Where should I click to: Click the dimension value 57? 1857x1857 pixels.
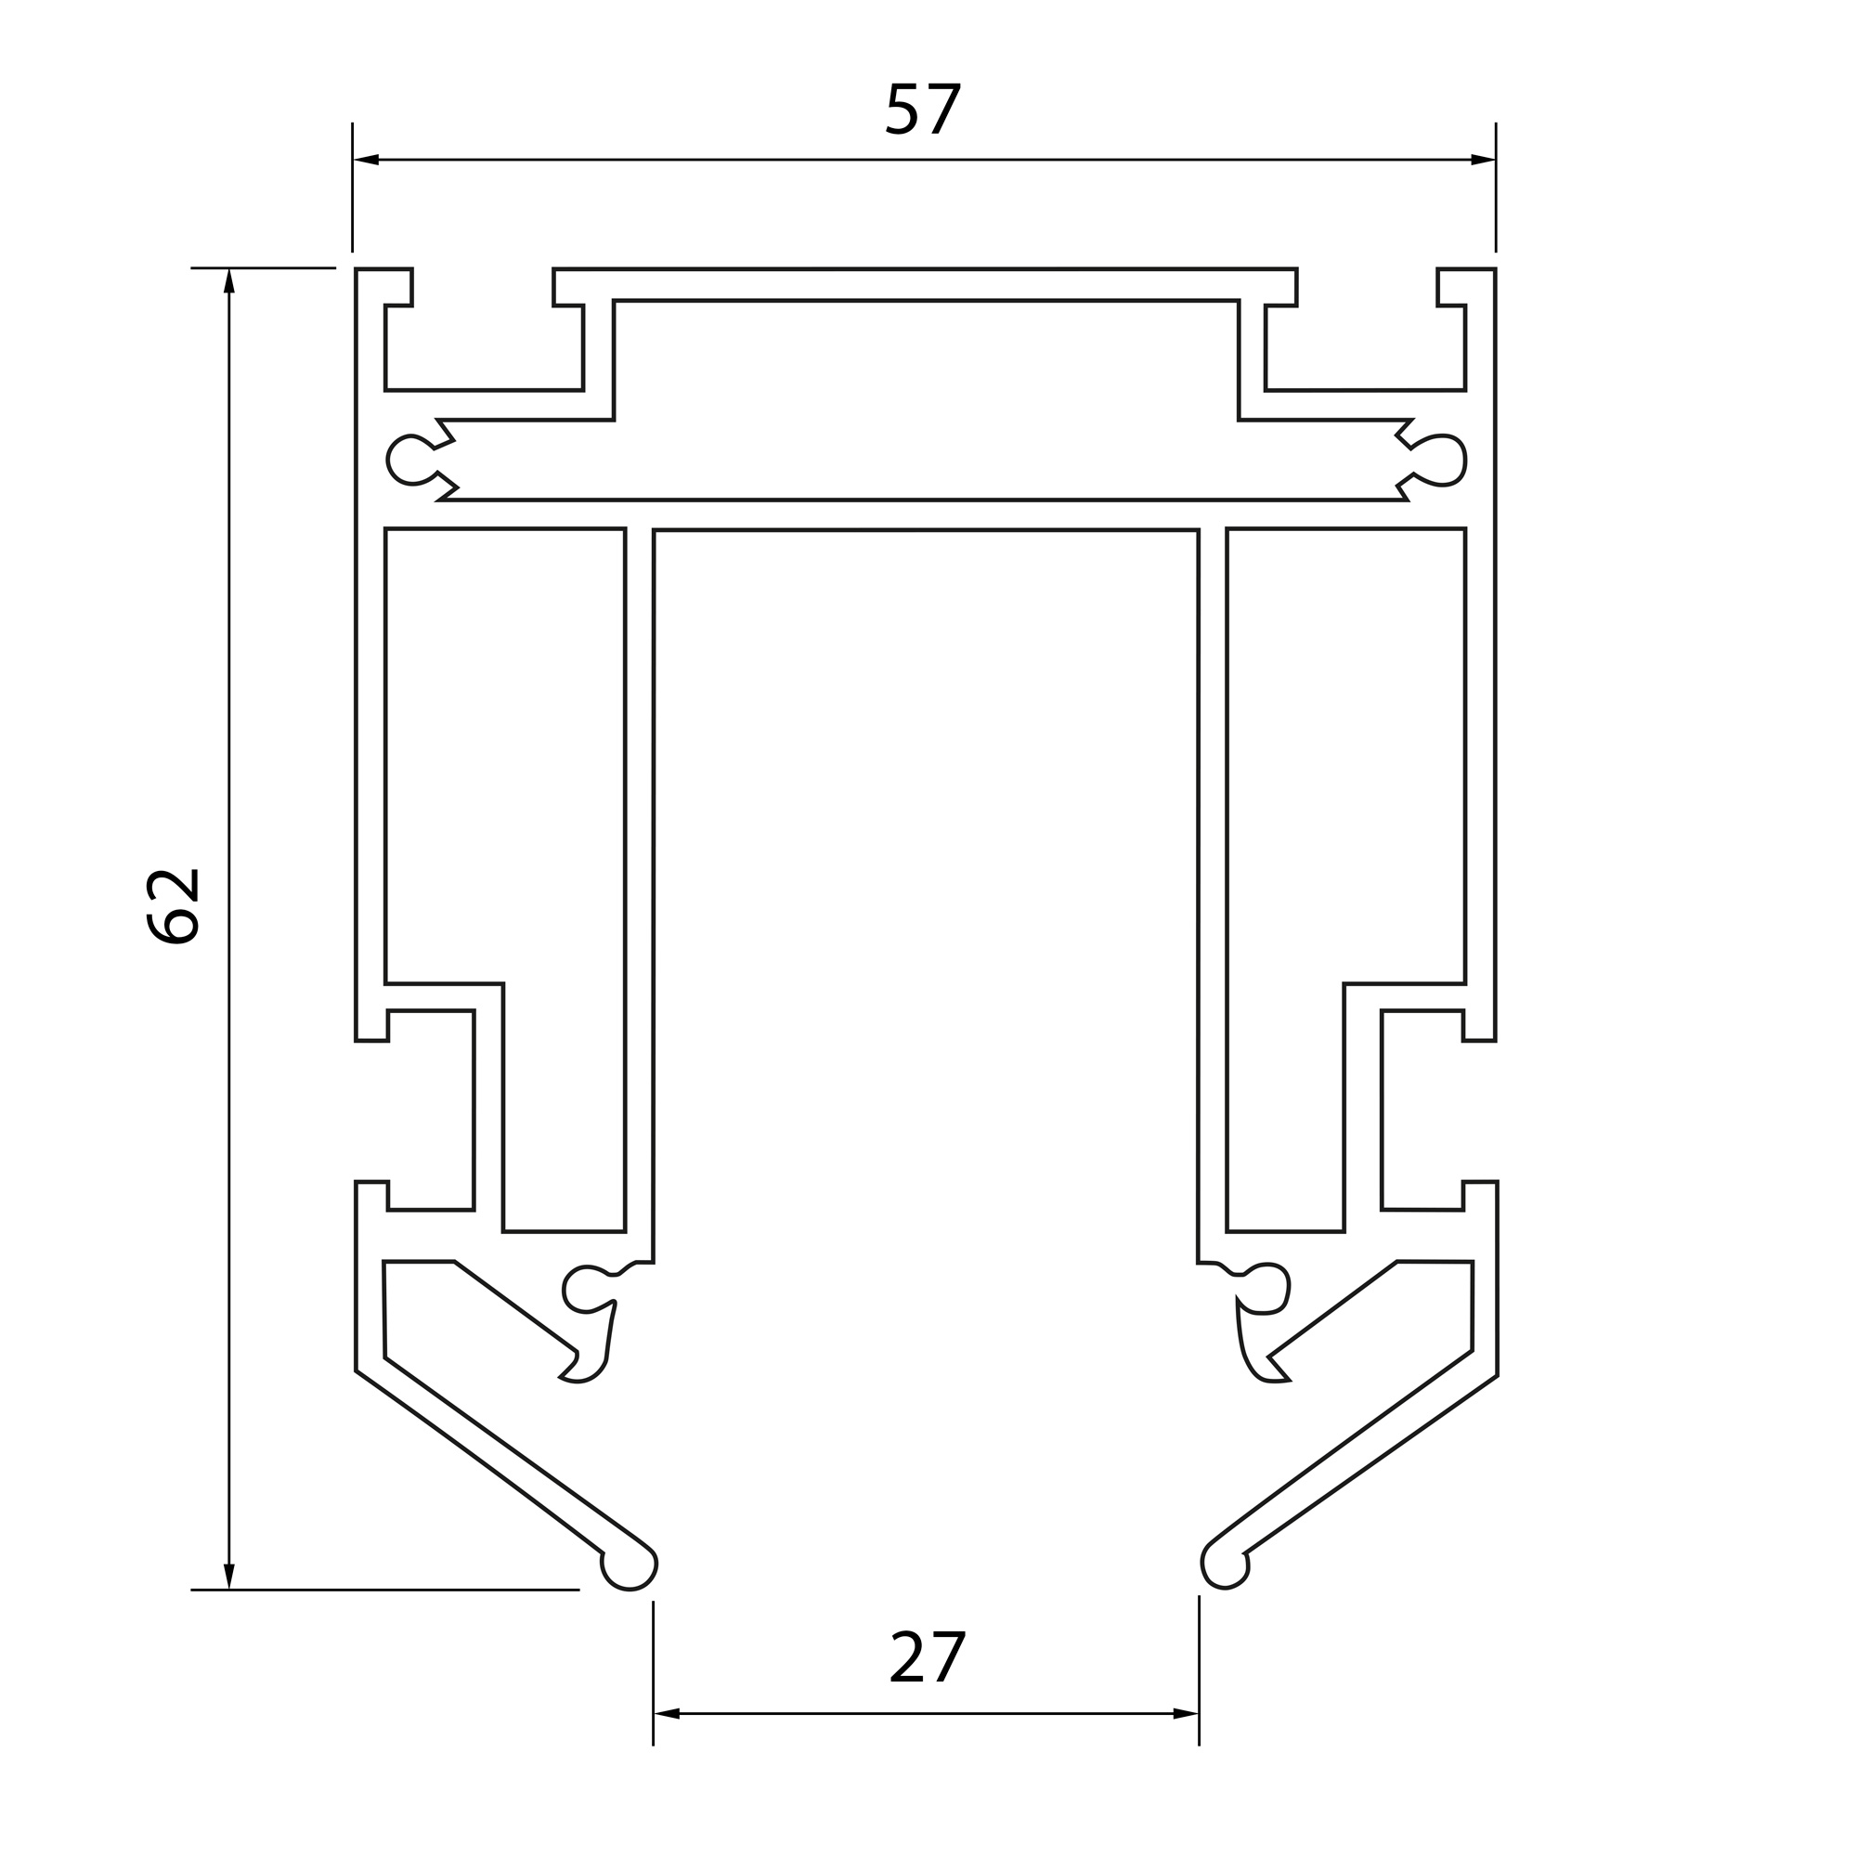pyautogui.click(x=923, y=109)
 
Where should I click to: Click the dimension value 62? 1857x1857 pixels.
pyautogui.click(x=173, y=906)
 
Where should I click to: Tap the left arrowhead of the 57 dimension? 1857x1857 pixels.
pyautogui.click(x=366, y=160)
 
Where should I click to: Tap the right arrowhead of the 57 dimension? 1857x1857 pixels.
pyautogui.click(x=1483, y=160)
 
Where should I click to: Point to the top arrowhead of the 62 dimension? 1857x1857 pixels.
pyautogui.click(x=228, y=280)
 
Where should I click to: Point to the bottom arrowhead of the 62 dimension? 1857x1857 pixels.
pyautogui.click(x=228, y=1577)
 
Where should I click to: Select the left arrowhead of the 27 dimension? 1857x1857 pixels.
pyautogui.click(x=667, y=1713)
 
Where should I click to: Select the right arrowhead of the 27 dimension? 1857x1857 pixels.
pyautogui.click(x=1186, y=1713)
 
